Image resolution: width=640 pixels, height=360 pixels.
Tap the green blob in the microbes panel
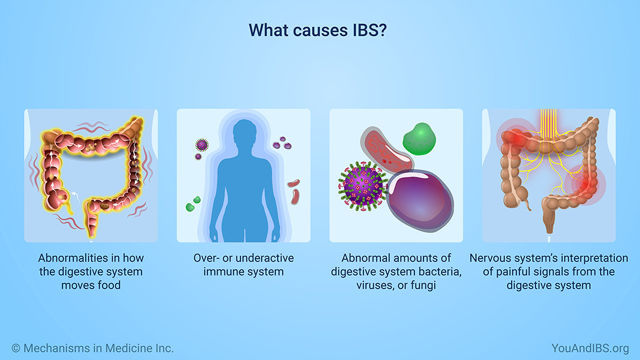(x=419, y=139)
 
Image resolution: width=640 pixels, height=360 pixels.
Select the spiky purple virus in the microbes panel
(x=362, y=186)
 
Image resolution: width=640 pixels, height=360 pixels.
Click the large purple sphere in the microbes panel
(x=420, y=200)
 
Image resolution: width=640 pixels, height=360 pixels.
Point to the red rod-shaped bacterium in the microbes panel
(x=386, y=149)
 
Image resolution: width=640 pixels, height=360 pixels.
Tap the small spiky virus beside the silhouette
(x=202, y=145)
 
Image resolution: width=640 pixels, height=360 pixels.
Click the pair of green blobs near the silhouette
(x=193, y=203)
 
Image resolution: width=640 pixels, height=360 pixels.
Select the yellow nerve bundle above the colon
(x=548, y=124)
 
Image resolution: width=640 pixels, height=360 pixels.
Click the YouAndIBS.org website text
(x=590, y=348)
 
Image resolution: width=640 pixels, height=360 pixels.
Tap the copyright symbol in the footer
(x=16, y=348)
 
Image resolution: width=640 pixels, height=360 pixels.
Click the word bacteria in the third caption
(x=440, y=272)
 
